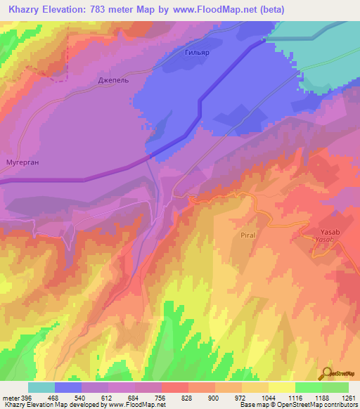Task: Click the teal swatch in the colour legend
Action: (x=41, y=387)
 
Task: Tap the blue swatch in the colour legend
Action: (x=68, y=387)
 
